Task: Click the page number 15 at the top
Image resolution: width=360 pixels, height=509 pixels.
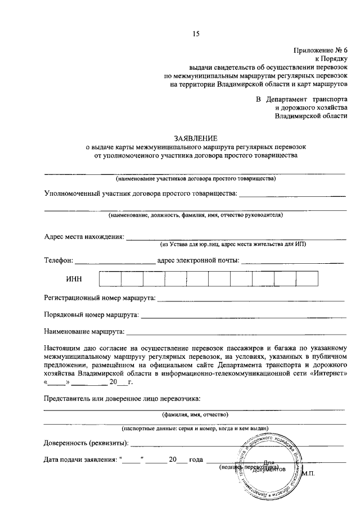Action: click(196, 34)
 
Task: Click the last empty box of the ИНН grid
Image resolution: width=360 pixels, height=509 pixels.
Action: click(307, 280)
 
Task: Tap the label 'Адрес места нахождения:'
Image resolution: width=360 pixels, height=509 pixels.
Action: click(84, 236)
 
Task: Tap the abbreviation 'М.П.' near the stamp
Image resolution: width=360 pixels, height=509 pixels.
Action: click(308, 473)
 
